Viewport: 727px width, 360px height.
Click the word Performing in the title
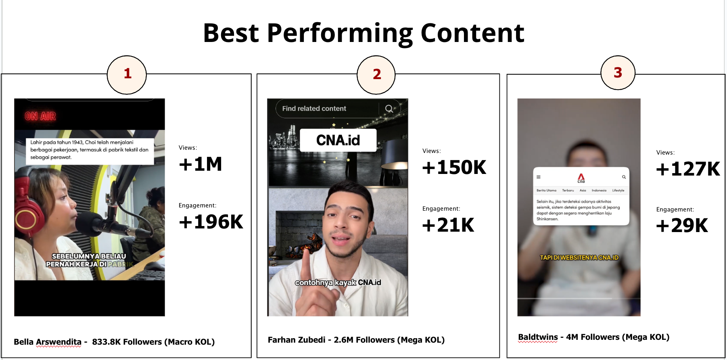pyautogui.click(x=340, y=33)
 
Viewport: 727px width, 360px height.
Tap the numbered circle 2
pyautogui.click(x=376, y=75)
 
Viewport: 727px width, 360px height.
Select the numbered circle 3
pyautogui.click(x=618, y=73)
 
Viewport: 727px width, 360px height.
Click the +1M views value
pyautogui.click(x=201, y=164)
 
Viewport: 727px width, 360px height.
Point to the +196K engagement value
pyautogui.click(x=211, y=222)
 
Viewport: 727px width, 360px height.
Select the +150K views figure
pyautogui.click(x=454, y=167)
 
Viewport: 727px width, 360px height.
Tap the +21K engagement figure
pyautogui.click(x=448, y=225)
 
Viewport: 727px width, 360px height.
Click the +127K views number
pyautogui.click(x=688, y=169)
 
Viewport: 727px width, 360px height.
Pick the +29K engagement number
pyautogui.click(x=682, y=226)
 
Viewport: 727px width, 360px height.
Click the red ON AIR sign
pyautogui.click(x=40, y=116)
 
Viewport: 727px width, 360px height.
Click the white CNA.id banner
pyautogui.click(x=338, y=140)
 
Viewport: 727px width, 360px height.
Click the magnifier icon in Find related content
pyautogui.click(x=389, y=109)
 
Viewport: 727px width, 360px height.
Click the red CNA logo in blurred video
pyautogui.click(x=581, y=178)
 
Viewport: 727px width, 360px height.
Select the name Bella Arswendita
pyautogui.click(x=48, y=342)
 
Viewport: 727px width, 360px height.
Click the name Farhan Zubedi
pyautogui.click(x=297, y=340)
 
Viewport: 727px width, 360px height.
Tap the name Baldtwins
pyautogui.click(x=538, y=337)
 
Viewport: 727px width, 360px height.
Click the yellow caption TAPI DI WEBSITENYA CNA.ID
pyautogui.click(x=579, y=257)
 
